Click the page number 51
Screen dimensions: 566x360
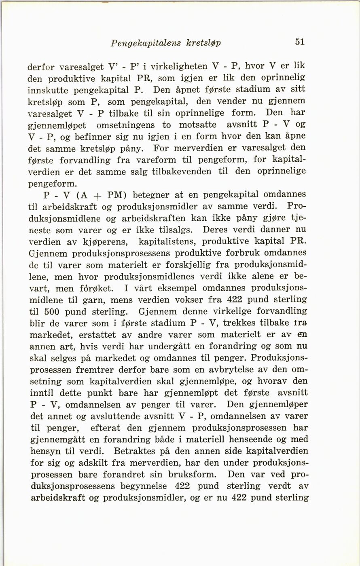tap(299, 42)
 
